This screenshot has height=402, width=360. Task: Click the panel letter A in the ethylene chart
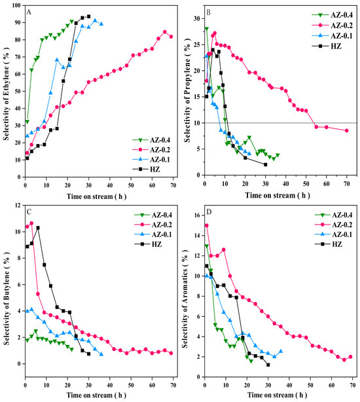tap(29, 12)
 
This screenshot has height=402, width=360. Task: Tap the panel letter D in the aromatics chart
tap(209, 212)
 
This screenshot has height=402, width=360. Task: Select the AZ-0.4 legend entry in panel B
tap(332, 15)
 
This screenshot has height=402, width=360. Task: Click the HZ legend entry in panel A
tap(146, 169)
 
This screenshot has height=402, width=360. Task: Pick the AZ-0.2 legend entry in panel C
tap(153, 225)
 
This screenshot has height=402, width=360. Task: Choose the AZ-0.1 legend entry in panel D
tap(333, 234)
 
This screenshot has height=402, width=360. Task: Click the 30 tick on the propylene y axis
tap(197, 18)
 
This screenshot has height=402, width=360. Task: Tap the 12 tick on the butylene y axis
tap(18, 206)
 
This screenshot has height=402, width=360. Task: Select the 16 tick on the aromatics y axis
tap(197, 215)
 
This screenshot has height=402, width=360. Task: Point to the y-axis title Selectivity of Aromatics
tap(185, 298)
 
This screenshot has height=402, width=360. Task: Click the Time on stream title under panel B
tap(278, 195)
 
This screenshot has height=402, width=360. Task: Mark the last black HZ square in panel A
tap(88, 16)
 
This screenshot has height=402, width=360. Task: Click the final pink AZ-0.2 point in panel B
tap(347, 130)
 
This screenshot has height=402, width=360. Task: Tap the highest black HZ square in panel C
tap(38, 228)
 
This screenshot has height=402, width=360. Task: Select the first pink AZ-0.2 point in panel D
tap(207, 225)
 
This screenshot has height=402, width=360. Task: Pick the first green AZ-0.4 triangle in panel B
tap(207, 29)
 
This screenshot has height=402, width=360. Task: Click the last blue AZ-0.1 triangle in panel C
tap(101, 354)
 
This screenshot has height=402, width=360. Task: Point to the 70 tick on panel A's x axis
tap(173, 185)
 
